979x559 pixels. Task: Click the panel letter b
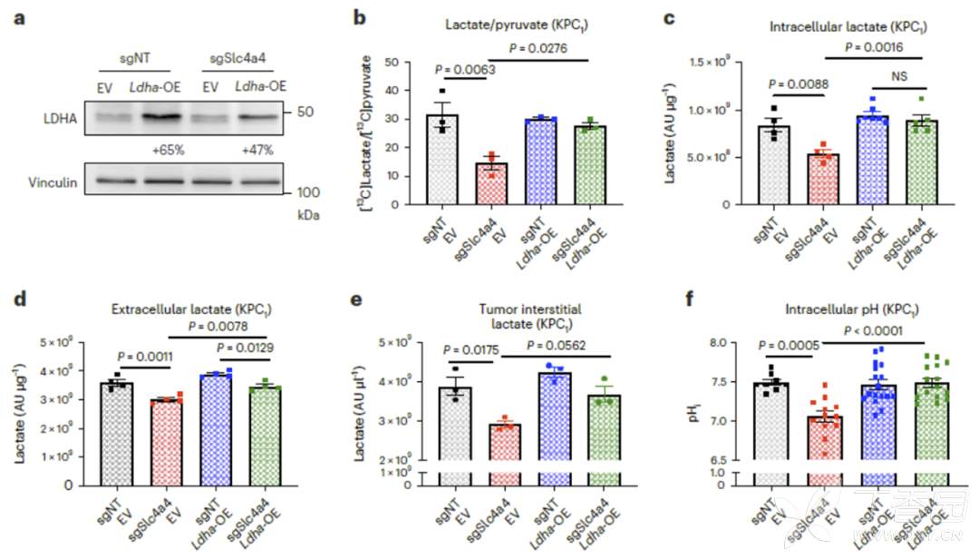359,17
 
